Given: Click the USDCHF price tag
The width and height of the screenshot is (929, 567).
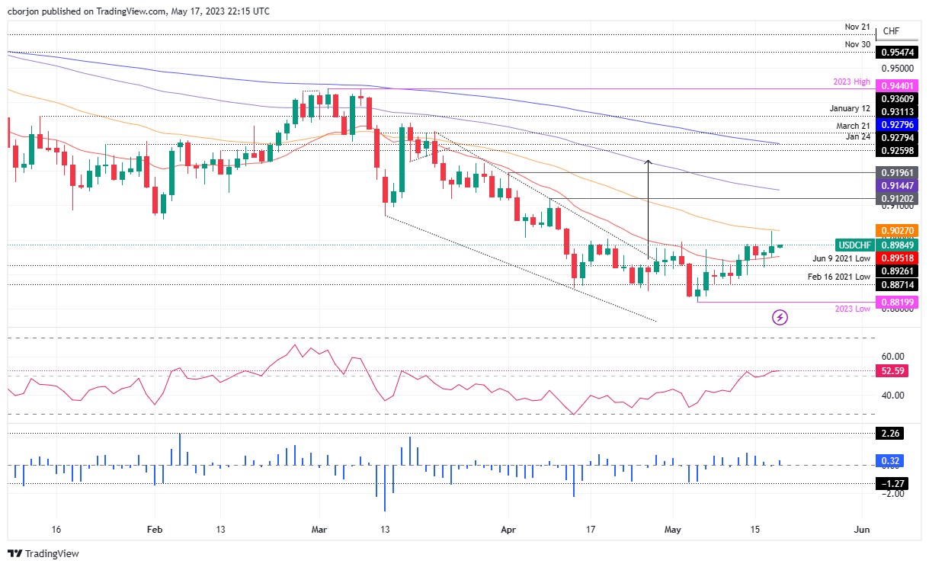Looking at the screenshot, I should pos(854,245).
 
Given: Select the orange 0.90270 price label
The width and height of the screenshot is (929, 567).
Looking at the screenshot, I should pos(899,230).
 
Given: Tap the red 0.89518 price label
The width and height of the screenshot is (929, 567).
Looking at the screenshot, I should pos(899,258).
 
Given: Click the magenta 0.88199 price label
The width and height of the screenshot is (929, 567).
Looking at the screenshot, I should pos(899,302).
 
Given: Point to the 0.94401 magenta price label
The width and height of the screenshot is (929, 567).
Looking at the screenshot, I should pos(899,85).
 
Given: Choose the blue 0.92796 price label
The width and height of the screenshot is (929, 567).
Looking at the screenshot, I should pos(899,123).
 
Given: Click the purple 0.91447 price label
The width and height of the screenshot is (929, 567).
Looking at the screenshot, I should pos(899,185).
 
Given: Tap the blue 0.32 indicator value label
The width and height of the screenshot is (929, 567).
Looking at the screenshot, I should pos(892,460).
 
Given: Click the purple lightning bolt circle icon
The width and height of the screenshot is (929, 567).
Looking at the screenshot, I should pos(780,317).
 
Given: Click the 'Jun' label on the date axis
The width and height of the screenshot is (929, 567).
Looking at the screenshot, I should pos(862,529).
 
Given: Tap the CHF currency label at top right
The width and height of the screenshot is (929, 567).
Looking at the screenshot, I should pos(891,31).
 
